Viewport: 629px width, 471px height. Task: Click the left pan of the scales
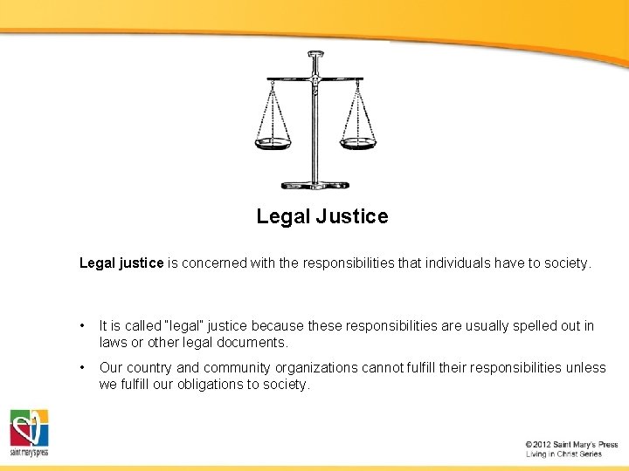[x=273, y=142]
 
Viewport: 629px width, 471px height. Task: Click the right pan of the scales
[x=357, y=142]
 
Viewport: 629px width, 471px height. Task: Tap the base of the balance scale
[x=314, y=185]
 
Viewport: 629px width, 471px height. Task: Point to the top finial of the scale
[x=314, y=57]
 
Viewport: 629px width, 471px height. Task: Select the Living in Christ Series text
[x=563, y=454]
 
